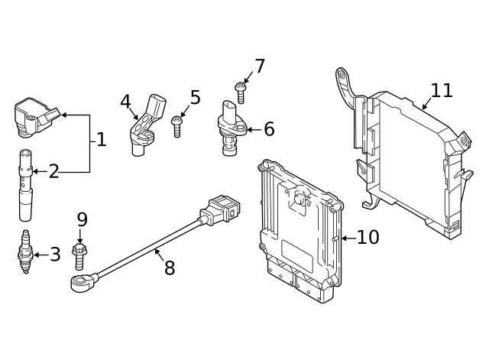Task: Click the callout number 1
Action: coord(101,140)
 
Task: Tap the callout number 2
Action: coord(53,171)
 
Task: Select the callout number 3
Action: coord(54,255)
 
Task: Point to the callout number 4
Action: coord(125,101)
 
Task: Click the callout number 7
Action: coord(259,66)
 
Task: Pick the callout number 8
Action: coord(169,268)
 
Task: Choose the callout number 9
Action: coord(82,219)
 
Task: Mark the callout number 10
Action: coord(368,238)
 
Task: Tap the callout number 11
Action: coord(441,90)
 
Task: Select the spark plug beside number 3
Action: coord(26,253)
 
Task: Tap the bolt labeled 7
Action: coord(240,92)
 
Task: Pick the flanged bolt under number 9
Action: coord(78,255)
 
